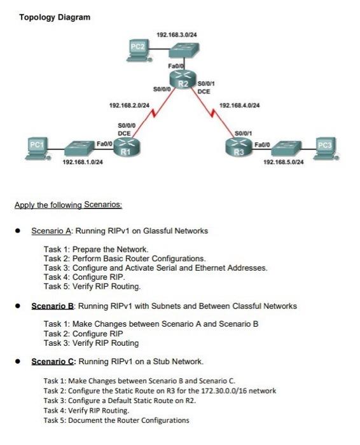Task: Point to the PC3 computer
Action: pyautogui.click(x=326, y=146)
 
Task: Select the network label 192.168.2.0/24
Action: pyautogui.click(x=129, y=105)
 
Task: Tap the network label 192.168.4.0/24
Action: pyautogui.click(x=239, y=105)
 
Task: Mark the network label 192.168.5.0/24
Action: pyautogui.click(x=283, y=163)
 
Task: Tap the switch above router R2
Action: pyautogui.click(x=182, y=50)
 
